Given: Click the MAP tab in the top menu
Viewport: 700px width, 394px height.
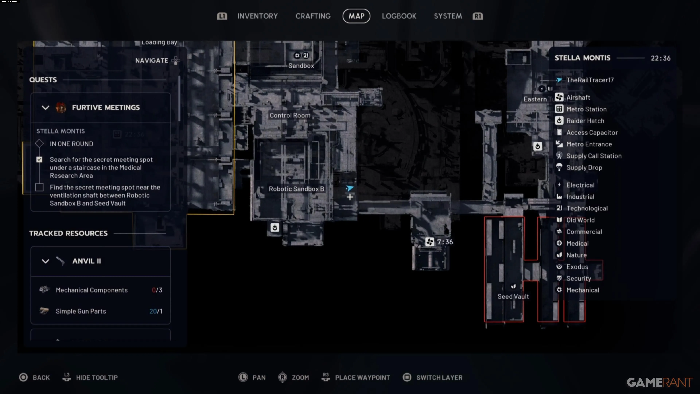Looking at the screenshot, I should click(356, 16).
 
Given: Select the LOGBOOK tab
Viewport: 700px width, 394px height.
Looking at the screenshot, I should click(399, 16).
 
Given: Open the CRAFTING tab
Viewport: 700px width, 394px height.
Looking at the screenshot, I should click(313, 16).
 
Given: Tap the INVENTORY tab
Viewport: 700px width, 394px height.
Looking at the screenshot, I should click(257, 16).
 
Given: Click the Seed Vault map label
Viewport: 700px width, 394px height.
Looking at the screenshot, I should click(513, 296).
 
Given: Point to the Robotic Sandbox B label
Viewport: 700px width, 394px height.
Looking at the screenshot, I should click(296, 189).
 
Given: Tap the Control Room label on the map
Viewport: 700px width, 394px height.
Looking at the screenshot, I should click(290, 115).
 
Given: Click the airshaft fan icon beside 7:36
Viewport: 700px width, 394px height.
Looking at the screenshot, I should click(430, 242).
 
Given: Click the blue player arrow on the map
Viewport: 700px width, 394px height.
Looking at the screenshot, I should click(350, 188).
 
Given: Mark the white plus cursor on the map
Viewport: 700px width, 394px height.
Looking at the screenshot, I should click(350, 197).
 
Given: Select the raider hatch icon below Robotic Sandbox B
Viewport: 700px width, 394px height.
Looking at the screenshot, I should click(275, 227).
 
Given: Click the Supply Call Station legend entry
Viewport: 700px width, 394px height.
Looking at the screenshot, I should click(594, 156).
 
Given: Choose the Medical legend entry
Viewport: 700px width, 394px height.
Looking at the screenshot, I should click(577, 243).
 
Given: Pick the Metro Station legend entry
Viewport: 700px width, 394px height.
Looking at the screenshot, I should click(586, 109).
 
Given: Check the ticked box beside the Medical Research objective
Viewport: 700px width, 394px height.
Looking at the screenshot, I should click(39, 160).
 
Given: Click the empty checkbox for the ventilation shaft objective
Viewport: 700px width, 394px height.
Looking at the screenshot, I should click(39, 187).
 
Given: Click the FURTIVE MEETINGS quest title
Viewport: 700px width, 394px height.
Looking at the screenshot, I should click(106, 107).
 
